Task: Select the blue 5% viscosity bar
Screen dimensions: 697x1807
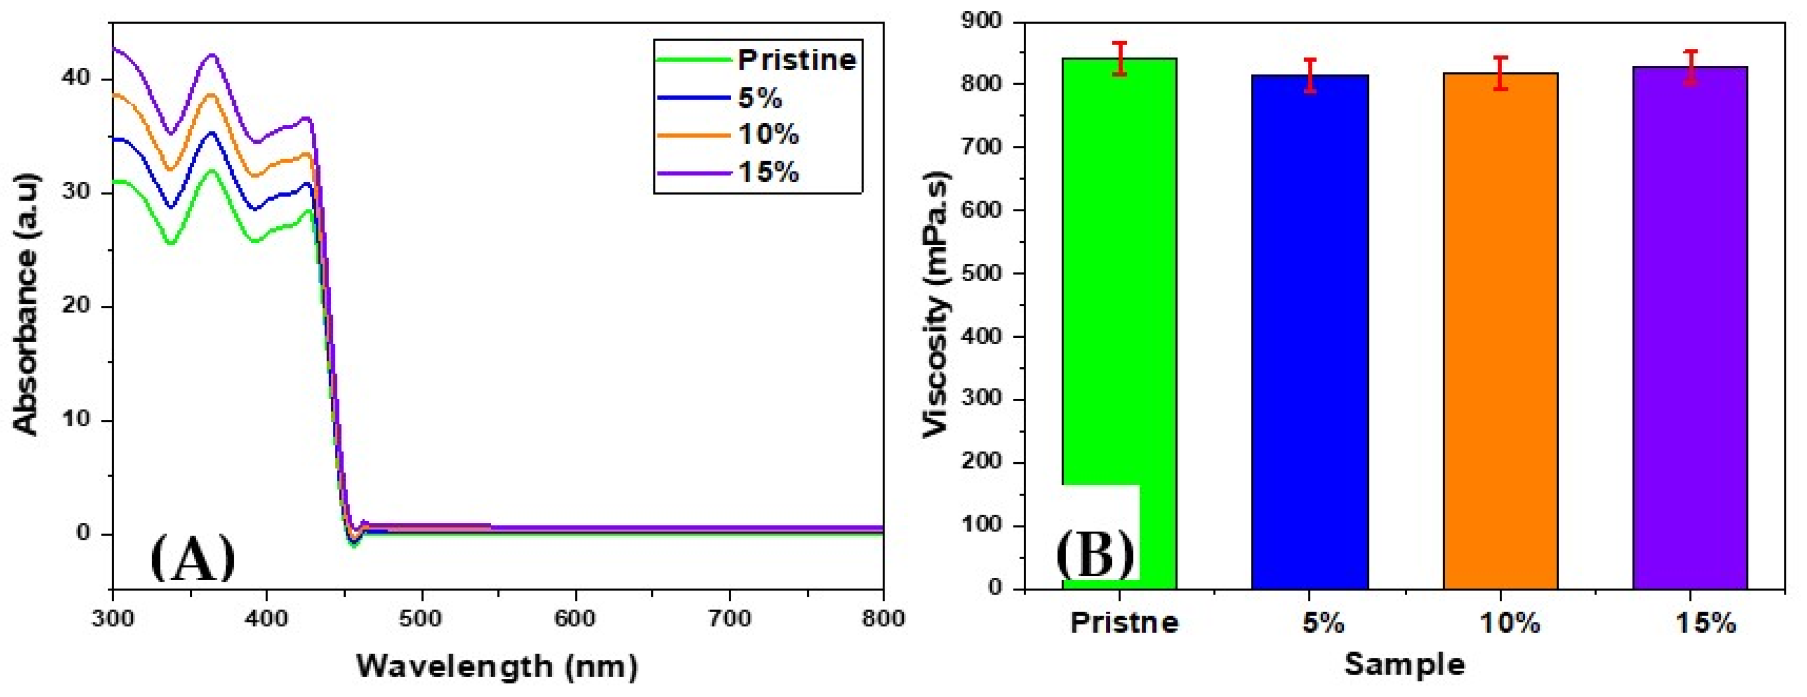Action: pos(1310,330)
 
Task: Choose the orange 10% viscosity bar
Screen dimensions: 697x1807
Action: pos(1500,330)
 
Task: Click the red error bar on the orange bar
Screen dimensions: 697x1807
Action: pos(1500,73)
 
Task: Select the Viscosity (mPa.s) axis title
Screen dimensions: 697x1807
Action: pos(936,304)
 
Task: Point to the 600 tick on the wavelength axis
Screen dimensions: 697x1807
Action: pos(575,618)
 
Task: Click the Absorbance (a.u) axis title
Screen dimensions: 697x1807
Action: pos(27,304)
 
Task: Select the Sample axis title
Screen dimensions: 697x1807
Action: pos(1404,664)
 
